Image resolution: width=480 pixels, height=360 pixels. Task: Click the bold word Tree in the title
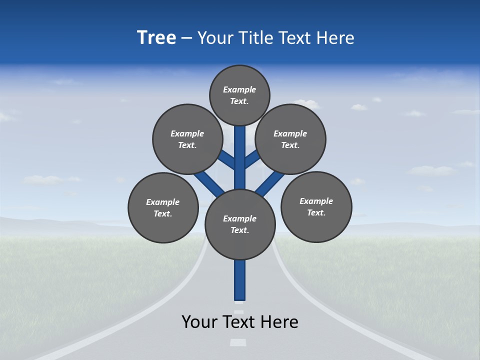[156, 37]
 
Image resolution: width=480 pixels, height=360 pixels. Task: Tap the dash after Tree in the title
[186, 38]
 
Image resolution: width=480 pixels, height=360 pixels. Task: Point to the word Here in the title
[334, 38]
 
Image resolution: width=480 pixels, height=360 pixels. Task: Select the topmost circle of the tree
[239, 95]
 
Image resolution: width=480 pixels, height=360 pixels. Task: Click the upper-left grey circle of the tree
[187, 139]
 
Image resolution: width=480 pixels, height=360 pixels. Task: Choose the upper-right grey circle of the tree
[290, 139]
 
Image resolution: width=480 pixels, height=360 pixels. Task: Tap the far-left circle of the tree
[163, 207]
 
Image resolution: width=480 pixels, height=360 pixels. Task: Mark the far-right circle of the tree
[316, 206]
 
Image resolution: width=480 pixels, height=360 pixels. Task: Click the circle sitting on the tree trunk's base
[240, 224]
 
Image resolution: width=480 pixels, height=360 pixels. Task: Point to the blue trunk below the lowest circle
[240, 280]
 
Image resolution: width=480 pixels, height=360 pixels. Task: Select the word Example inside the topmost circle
[239, 90]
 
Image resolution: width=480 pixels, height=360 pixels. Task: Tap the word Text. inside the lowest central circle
[239, 230]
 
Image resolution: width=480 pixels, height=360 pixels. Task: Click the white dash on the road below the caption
[238, 342]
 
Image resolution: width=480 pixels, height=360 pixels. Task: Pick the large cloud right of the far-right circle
[432, 170]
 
